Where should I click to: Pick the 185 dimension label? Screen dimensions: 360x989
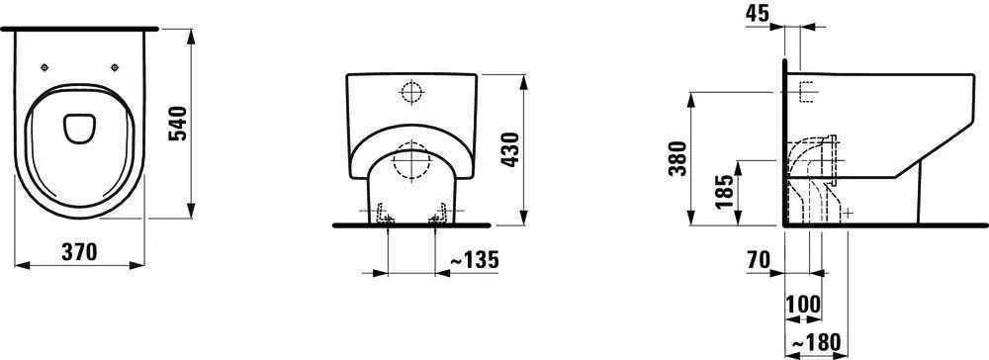(x=725, y=192)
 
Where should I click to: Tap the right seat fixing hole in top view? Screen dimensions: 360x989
(x=116, y=67)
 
